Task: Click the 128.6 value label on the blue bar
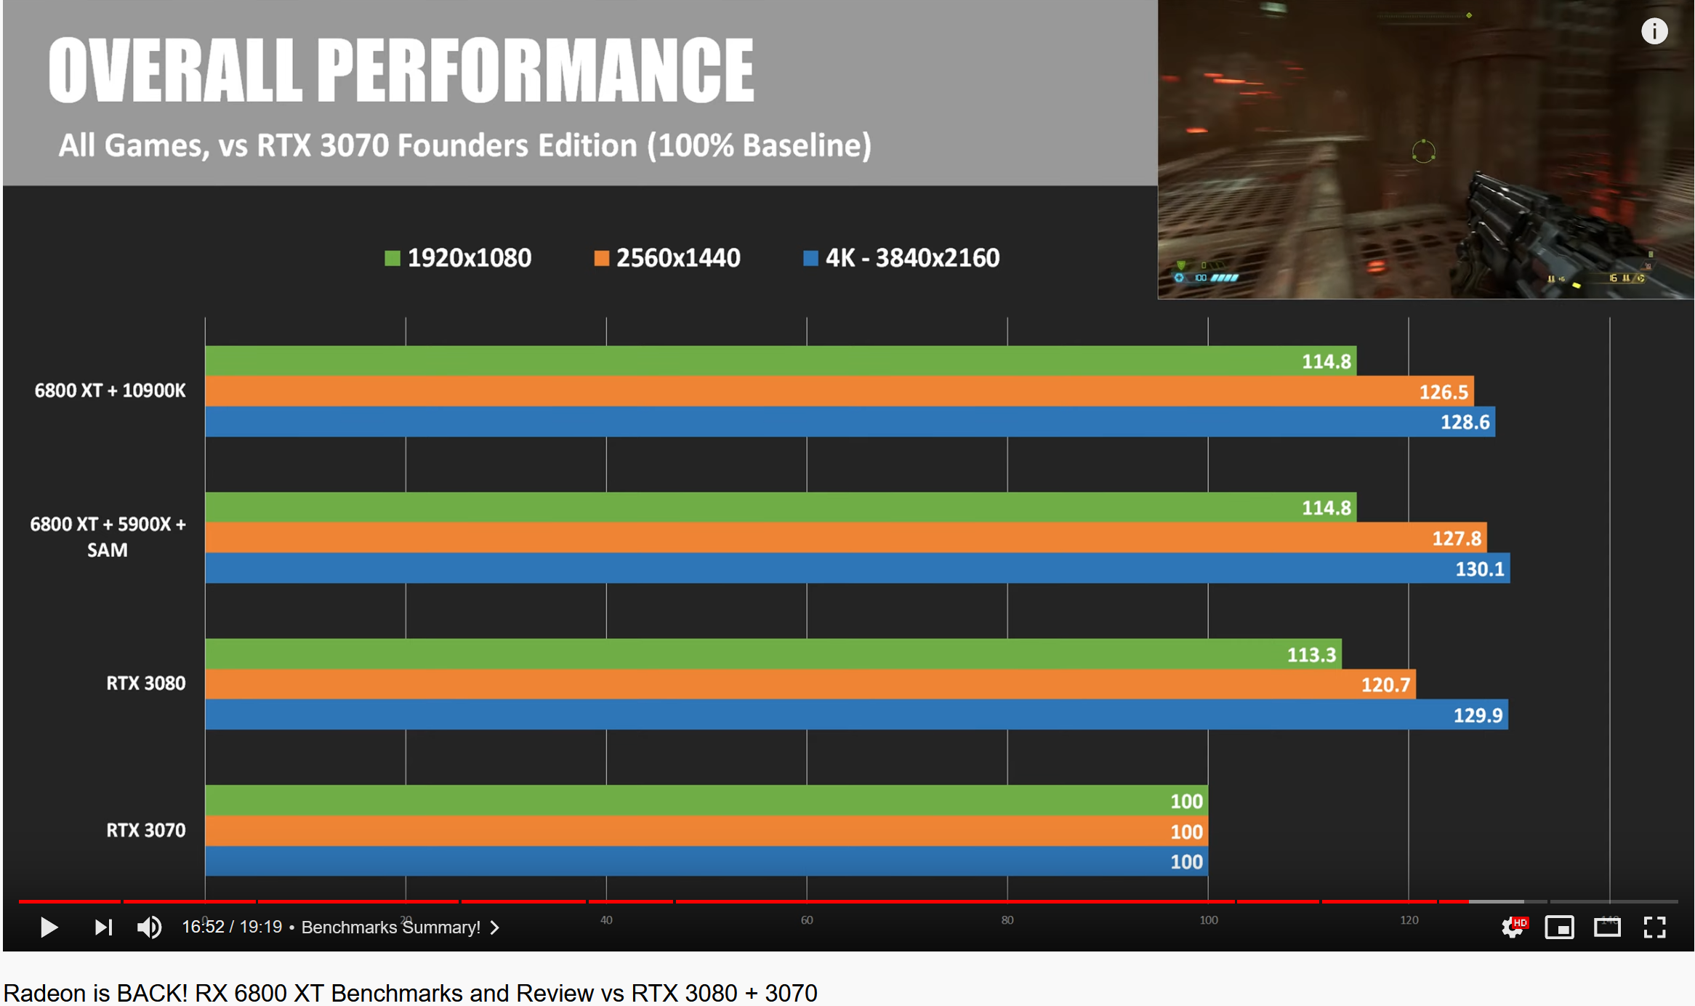1465,422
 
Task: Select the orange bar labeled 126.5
836,392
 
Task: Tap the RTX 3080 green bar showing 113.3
770,654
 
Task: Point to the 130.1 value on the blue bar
1479,569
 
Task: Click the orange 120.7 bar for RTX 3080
807,685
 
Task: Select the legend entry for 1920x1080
458,258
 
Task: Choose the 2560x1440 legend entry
667,258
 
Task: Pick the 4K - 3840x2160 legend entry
901,258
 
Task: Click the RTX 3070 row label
145,830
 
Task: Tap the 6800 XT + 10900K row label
110,391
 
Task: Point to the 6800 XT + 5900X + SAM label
108,537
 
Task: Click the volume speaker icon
150,927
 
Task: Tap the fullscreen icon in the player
1655,927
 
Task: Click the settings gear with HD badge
1513,927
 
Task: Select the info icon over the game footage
1654,31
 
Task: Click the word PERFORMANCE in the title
536,71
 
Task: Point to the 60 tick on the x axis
807,920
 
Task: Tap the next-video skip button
103,927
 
